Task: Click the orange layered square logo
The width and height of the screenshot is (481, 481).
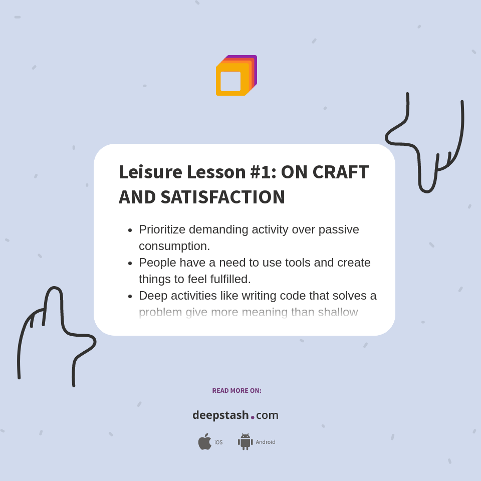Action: click(235, 76)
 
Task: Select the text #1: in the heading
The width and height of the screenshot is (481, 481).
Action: click(263, 172)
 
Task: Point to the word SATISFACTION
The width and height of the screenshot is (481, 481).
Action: click(222, 197)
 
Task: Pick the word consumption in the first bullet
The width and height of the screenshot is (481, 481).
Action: click(174, 246)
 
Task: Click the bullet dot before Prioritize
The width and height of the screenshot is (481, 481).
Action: click(130, 230)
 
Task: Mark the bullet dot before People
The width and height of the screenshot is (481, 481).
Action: click(130, 263)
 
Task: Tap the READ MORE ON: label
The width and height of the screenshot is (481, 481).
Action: click(236, 390)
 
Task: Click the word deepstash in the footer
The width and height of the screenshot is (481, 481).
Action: click(220, 415)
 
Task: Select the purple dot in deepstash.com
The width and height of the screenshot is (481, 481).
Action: click(253, 417)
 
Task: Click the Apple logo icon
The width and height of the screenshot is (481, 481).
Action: click(204, 442)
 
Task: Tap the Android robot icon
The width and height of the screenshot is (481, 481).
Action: click(245, 442)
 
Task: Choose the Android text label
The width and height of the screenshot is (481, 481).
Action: click(265, 442)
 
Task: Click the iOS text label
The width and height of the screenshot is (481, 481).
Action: click(218, 442)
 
